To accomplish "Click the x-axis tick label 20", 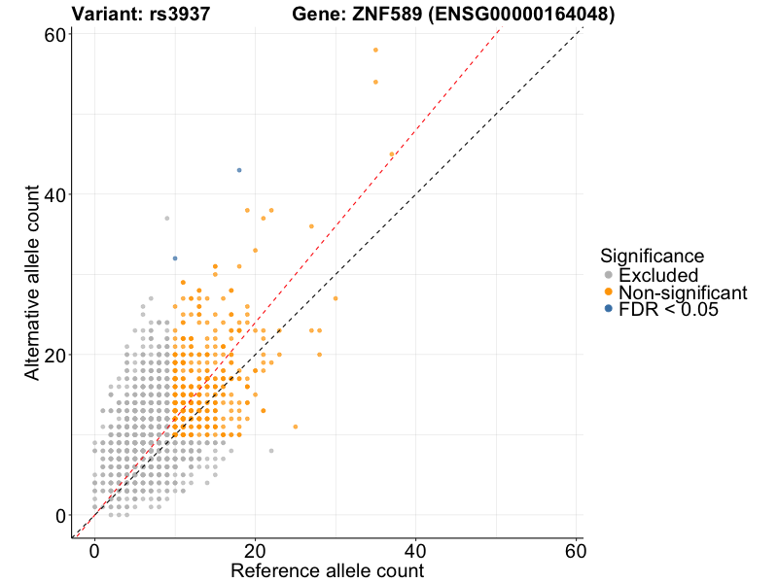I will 255,550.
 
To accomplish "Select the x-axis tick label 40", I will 415,550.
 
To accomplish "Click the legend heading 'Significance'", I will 652,257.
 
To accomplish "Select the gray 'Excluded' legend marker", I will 609,275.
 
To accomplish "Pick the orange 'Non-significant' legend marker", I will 609,291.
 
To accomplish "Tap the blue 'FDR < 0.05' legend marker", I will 609,309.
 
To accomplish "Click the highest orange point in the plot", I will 375,51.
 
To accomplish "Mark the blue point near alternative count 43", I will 239,170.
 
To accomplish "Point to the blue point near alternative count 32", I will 175,258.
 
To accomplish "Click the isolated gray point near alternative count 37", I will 167,219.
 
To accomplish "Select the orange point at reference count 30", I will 336,298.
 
